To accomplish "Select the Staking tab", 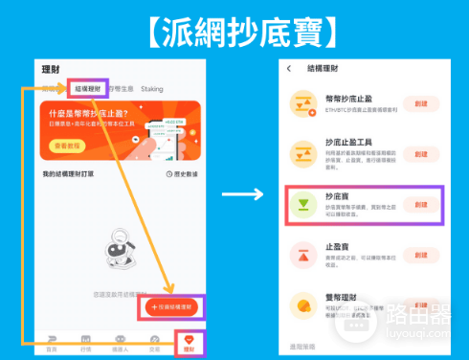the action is (152, 89).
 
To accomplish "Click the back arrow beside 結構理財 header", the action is (289, 69).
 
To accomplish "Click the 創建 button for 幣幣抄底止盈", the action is (421, 103).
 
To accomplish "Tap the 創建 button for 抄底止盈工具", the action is (421, 153).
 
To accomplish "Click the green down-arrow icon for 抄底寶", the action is (305, 204).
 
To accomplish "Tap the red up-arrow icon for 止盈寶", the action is (305, 255).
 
